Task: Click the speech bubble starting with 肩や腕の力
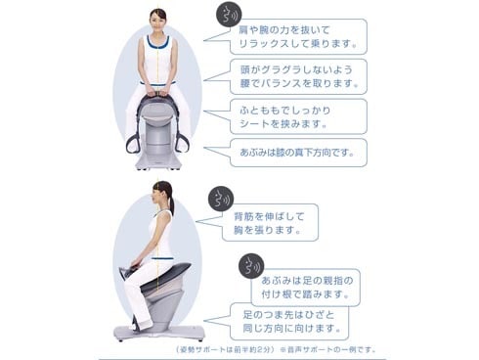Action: tap(298, 36)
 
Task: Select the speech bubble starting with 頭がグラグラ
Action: tap(298, 76)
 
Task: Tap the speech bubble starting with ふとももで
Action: tap(298, 116)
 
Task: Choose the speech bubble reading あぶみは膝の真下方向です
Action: tap(298, 153)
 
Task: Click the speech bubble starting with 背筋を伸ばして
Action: tap(270, 223)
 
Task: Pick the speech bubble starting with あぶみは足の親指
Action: tap(306, 288)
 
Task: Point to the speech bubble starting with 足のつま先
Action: tap(288, 322)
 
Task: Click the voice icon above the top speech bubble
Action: tap(229, 15)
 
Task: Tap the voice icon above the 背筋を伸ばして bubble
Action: tap(221, 199)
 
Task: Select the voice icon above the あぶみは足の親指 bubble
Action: tap(251, 266)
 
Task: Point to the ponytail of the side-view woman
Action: tap(171, 200)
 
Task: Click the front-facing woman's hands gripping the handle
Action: tap(157, 91)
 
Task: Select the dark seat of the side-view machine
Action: tap(162, 276)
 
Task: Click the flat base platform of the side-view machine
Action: tap(159, 333)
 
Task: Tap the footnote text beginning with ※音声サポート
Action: tap(328, 350)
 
